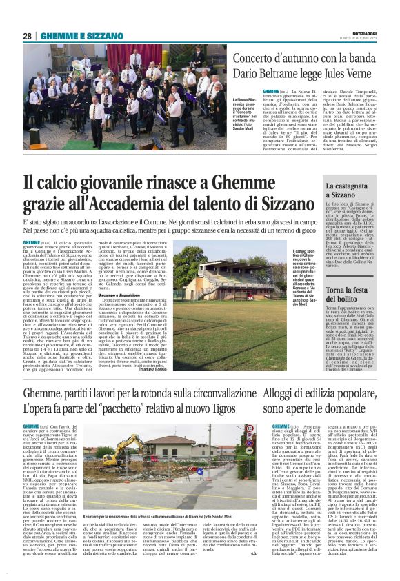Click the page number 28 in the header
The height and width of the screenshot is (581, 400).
pos(28,36)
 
